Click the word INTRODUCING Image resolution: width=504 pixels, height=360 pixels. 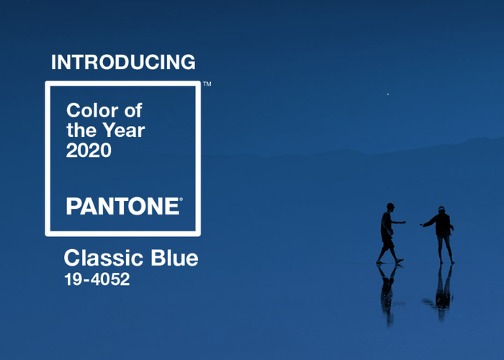pos(123,62)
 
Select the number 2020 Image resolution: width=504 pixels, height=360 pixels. pos(89,150)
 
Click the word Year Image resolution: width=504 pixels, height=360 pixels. pos(124,130)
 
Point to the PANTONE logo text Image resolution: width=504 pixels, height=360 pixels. pos(123,206)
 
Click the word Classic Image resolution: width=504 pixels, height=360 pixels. pos(104,258)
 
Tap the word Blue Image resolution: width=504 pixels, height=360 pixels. pos(174,258)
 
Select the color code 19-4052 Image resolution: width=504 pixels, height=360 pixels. pos(97,279)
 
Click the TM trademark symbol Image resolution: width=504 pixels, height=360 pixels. pos(207,84)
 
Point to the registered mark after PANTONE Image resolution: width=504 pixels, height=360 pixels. pos(181,199)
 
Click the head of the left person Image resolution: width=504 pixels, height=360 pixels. pos(390,207)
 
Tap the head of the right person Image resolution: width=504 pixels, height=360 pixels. pos(441,210)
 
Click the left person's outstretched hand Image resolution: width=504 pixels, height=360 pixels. pos(403,222)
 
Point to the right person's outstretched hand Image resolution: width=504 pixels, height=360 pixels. pos(422,225)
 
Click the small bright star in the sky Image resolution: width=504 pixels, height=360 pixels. pos(388,94)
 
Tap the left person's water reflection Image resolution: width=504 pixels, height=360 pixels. pos(387,294)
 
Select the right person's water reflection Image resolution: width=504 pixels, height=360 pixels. pos(442,292)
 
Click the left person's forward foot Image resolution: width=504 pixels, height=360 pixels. pos(400,261)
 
